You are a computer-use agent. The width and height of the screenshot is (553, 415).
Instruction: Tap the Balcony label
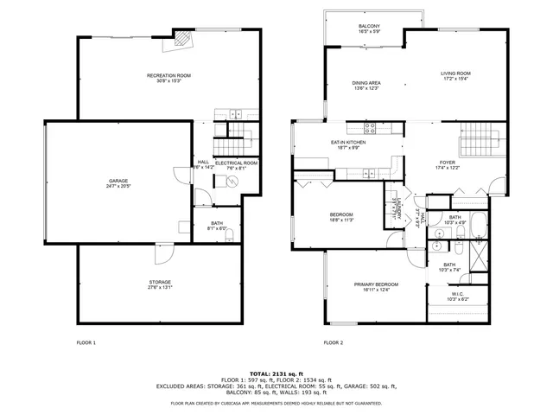click(369, 28)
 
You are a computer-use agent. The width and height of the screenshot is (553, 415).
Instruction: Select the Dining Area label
click(366, 85)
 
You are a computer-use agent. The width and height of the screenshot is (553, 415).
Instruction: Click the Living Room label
click(455, 75)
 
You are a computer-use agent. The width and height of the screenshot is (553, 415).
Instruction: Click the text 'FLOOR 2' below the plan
click(334, 342)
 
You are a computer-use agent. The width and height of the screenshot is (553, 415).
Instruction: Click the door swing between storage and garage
click(162, 253)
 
